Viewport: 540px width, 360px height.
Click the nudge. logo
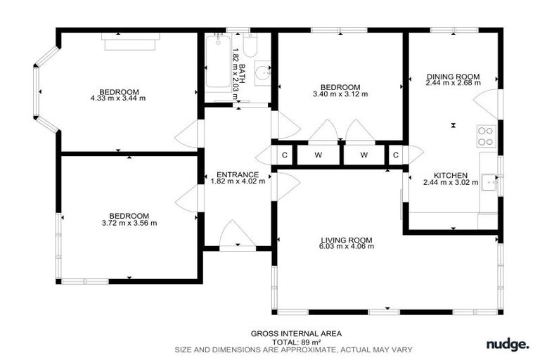click(x=507, y=344)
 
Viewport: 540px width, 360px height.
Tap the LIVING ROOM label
click(x=345, y=239)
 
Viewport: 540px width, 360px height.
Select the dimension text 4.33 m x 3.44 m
click(x=118, y=98)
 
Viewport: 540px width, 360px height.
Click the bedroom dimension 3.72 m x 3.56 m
click(x=129, y=223)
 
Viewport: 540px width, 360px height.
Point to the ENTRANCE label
click(x=238, y=174)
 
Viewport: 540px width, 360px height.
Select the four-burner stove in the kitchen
click(x=486, y=136)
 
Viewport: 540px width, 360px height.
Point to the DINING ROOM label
click(x=453, y=77)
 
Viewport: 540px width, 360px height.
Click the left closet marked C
click(x=284, y=155)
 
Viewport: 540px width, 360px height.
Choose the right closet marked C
click(x=396, y=155)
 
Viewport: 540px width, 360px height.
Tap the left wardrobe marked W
click(x=318, y=155)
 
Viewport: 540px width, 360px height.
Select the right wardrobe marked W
click(x=364, y=155)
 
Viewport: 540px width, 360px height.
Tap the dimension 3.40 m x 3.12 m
click(x=340, y=94)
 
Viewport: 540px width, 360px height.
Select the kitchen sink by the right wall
click(x=490, y=184)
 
